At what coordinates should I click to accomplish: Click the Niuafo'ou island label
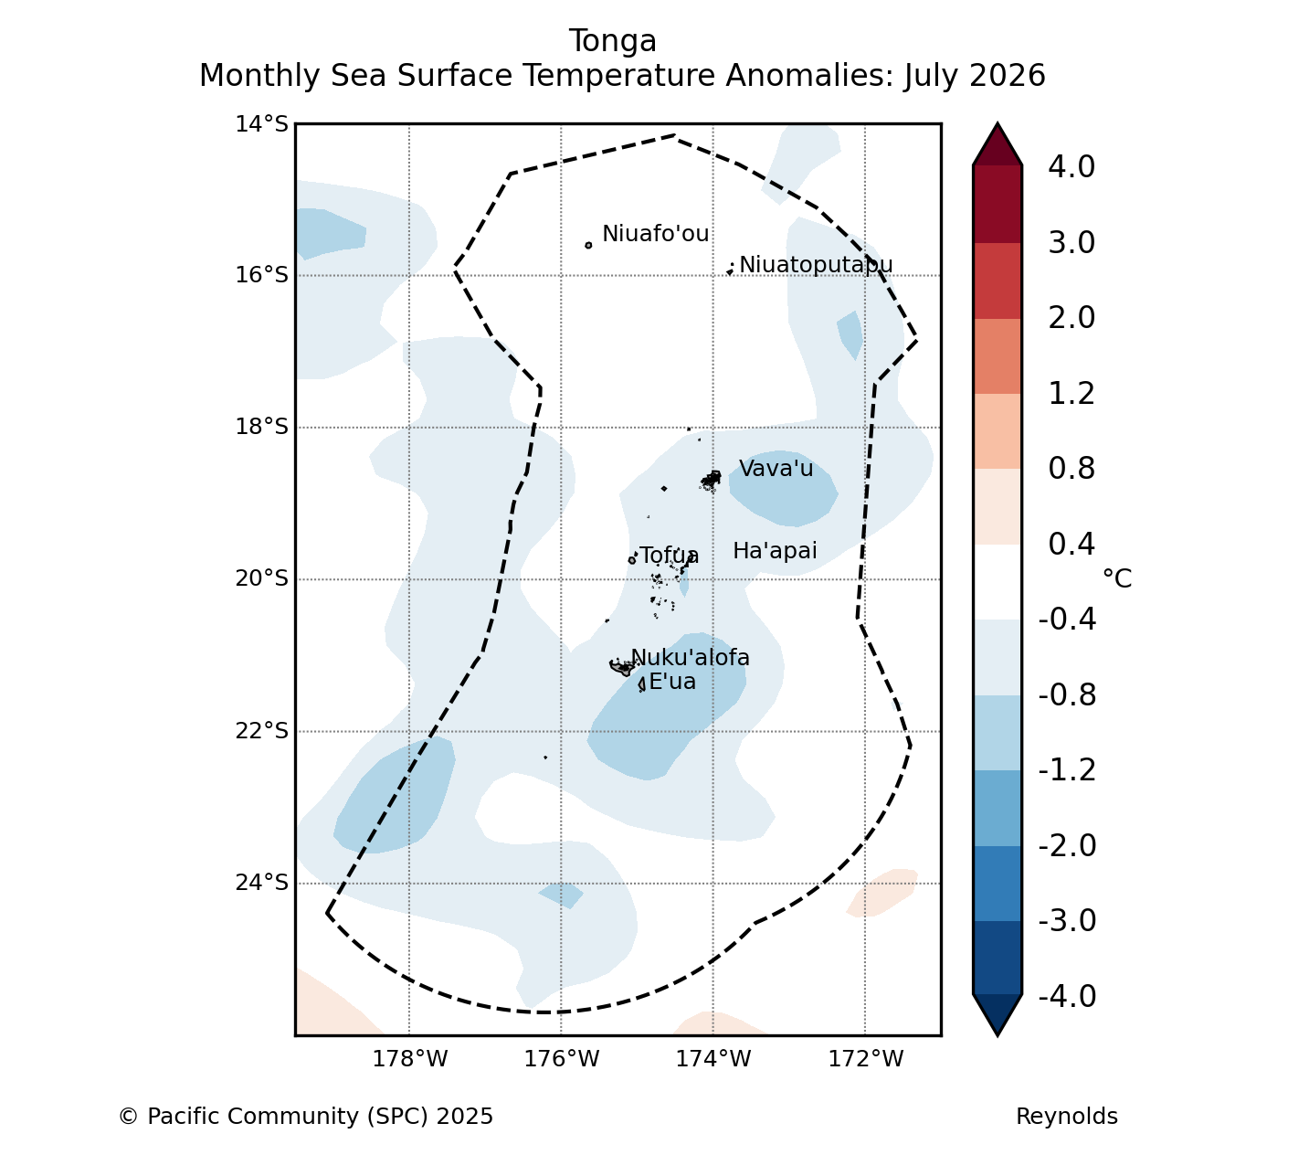[655, 234]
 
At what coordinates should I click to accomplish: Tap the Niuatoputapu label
[816, 265]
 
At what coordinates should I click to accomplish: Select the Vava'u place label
[776, 469]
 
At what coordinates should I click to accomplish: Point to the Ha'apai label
[775, 551]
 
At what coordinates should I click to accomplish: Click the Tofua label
[669, 556]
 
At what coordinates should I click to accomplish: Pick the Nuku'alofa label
[690, 658]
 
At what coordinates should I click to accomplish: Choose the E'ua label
[672, 682]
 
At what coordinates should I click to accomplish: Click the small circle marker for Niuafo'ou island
[588, 246]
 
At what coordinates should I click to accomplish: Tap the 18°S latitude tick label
[261, 428]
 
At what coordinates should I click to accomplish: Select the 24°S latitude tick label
[261, 883]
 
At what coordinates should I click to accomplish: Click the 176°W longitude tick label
[562, 1059]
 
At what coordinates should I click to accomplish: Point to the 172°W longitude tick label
[866, 1059]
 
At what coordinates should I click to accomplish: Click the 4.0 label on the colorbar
[1071, 166]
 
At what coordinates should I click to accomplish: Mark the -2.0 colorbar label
[1067, 845]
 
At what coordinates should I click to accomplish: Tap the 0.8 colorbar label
[1071, 469]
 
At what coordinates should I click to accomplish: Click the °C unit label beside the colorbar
[1117, 578]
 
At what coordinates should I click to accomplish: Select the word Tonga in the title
[613, 41]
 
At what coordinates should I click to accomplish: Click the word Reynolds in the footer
[1067, 1117]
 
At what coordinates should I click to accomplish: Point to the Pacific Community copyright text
[306, 1117]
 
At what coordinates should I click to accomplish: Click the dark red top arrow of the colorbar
[998, 147]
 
